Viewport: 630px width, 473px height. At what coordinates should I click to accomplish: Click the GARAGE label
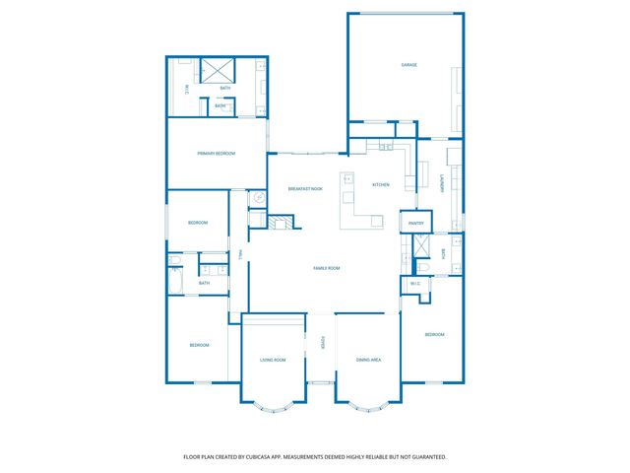(x=409, y=65)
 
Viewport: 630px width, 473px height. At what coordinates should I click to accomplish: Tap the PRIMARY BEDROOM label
(x=216, y=153)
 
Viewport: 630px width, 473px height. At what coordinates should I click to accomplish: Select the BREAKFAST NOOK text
(x=305, y=188)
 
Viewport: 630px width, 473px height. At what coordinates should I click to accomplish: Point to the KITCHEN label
(x=380, y=185)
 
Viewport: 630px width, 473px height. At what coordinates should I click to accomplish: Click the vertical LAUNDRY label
(x=442, y=184)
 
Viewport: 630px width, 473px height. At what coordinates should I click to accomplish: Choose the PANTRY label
(x=414, y=224)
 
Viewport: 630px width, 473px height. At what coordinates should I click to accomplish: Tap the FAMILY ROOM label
(x=326, y=268)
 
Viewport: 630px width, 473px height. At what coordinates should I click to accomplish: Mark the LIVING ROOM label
(x=273, y=360)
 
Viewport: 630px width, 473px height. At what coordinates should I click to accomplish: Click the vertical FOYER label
(x=321, y=343)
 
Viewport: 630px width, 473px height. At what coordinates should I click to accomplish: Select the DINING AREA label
(x=368, y=360)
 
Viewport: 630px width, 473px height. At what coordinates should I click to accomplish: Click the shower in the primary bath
(x=216, y=71)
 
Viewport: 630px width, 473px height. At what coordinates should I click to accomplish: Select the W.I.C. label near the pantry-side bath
(x=414, y=285)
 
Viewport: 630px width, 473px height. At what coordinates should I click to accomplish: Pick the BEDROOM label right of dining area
(x=434, y=335)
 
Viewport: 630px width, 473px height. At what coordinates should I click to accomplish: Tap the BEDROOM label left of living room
(x=200, y=345)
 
